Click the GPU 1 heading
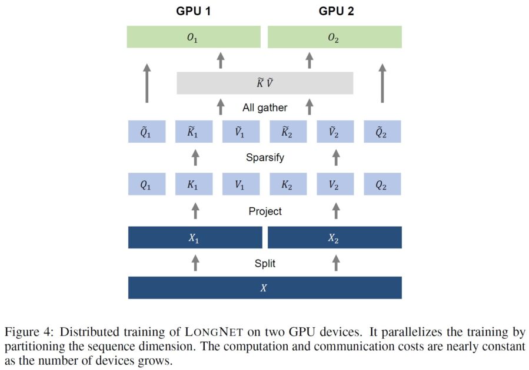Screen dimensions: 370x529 click(x=194, y=11)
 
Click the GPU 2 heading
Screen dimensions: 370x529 click(x=336, y=11)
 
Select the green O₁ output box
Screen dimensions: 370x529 click(x=194, y=37)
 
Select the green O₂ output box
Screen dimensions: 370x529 click(x=334, y=37)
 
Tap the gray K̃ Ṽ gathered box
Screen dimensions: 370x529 click(x=265, y=83)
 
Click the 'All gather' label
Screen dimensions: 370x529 click(x=265, y=107)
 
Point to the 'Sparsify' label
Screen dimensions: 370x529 click(x=265, y=158)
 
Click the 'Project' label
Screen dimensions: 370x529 click(x=265, y=210)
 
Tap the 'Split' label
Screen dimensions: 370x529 click(x=265, y=263)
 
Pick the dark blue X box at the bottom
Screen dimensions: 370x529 click(x=265, y=288)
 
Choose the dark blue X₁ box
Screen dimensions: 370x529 click(x=195, y=237)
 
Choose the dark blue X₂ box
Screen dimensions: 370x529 click(x=334, y=237)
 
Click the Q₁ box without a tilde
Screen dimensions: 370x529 click(x=147, y=184)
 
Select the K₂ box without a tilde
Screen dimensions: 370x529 click(x=288, y=184)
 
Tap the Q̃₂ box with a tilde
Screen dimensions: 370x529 click(x=382, y=132)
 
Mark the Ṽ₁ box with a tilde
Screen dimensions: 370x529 click(x=241, y=132)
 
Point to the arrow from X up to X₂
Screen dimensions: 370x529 click(x=336, y=263)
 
